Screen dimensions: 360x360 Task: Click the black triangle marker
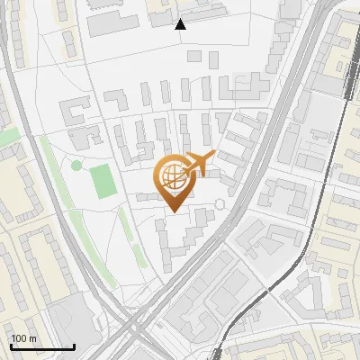180,24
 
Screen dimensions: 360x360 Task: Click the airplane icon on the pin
198,165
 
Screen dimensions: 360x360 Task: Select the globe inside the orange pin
173,176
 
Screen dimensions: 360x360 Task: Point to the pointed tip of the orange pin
174,211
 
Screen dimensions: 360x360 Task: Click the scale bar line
41,347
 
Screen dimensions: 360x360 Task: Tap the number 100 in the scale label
19,338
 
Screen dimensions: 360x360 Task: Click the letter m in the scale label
33,338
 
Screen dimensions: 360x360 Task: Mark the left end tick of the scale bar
11,346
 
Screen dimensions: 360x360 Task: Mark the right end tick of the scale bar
73,346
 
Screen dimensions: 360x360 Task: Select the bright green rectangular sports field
103,182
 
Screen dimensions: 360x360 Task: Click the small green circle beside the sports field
76,165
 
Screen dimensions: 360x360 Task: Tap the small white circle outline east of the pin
220,204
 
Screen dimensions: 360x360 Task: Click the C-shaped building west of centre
73,112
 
